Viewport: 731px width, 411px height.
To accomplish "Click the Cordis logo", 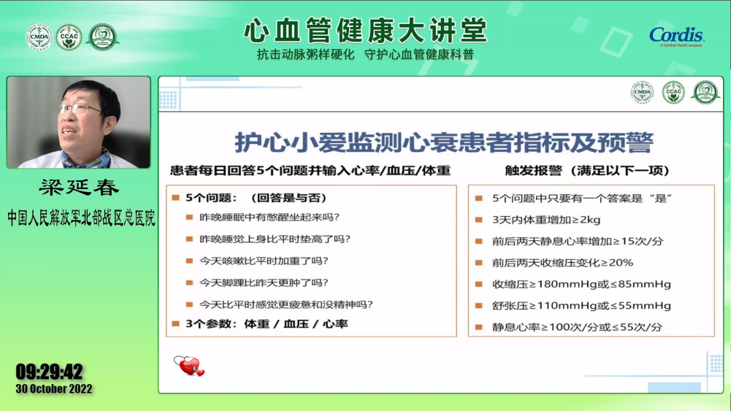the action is tap(676, 37).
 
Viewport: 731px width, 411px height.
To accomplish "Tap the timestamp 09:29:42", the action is tap(50, 372).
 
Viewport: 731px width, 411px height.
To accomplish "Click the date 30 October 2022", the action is tap(54, 388).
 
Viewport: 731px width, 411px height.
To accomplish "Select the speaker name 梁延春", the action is tap(80, 188).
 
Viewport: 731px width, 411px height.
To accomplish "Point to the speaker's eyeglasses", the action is tap(80, 110).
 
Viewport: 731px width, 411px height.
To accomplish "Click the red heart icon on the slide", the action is tap(189, 366).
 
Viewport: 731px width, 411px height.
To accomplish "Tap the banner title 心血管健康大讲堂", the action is tap(365, 31).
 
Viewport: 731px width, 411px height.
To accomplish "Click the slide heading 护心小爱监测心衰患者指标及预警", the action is tap(444, 142).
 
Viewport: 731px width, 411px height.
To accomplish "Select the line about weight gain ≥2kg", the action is tap(546, 220).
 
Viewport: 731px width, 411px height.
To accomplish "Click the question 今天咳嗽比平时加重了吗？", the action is tap(264, 261).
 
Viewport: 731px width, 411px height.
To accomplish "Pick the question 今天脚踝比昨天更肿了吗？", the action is tap(264, 283).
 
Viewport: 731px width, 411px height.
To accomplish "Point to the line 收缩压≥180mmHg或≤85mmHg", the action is tap(581, 284).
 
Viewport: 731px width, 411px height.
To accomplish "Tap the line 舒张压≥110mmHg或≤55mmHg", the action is tap(581, 306).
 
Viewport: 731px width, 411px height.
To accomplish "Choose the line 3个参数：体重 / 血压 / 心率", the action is tap(267, 324).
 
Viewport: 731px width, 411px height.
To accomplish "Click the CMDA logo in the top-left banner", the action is tap(39, 37).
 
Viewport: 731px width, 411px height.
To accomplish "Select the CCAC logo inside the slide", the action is tap(673, 92).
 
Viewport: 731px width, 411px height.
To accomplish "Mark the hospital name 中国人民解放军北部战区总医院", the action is tap(81, 218).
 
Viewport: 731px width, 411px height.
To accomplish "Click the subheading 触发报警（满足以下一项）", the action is tap(587, 171).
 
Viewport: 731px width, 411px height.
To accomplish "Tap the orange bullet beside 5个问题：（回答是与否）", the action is tap(176, 198).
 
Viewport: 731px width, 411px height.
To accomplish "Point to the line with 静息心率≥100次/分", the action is tap(577, 327).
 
